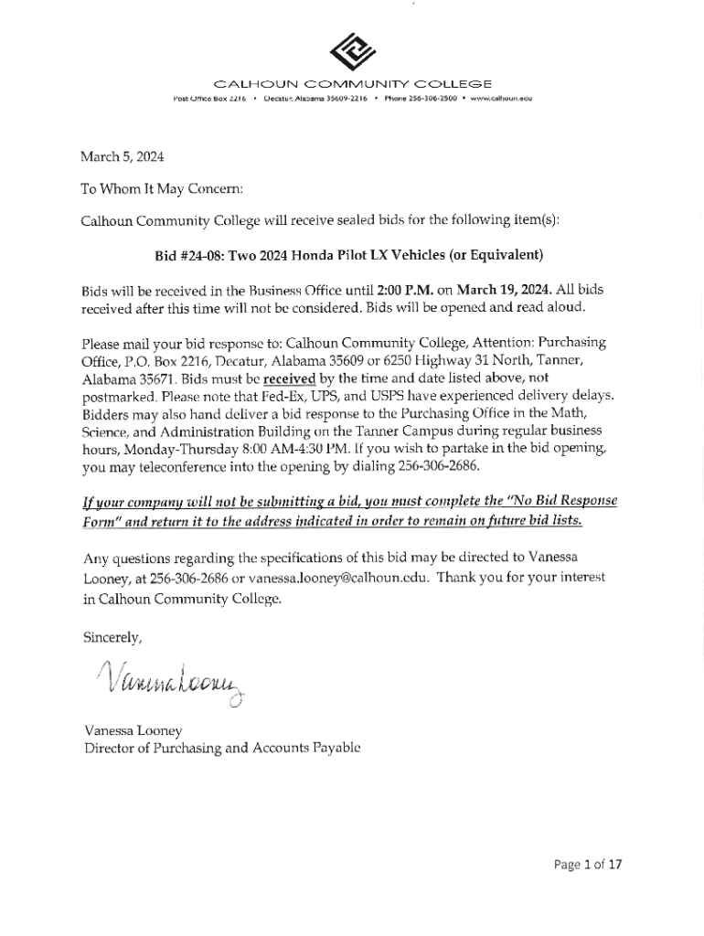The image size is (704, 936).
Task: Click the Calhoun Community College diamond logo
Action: (352, 51)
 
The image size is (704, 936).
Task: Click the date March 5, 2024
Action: (123, 157)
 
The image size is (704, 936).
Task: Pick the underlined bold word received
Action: (289, 378)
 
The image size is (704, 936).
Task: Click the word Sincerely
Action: (112, 637)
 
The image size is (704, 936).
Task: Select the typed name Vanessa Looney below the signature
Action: (133, 730)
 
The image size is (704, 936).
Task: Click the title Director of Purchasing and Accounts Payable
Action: (222, 748)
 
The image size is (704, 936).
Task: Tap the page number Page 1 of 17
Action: (588, 864)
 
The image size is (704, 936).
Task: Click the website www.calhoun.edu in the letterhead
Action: (501, 98)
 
